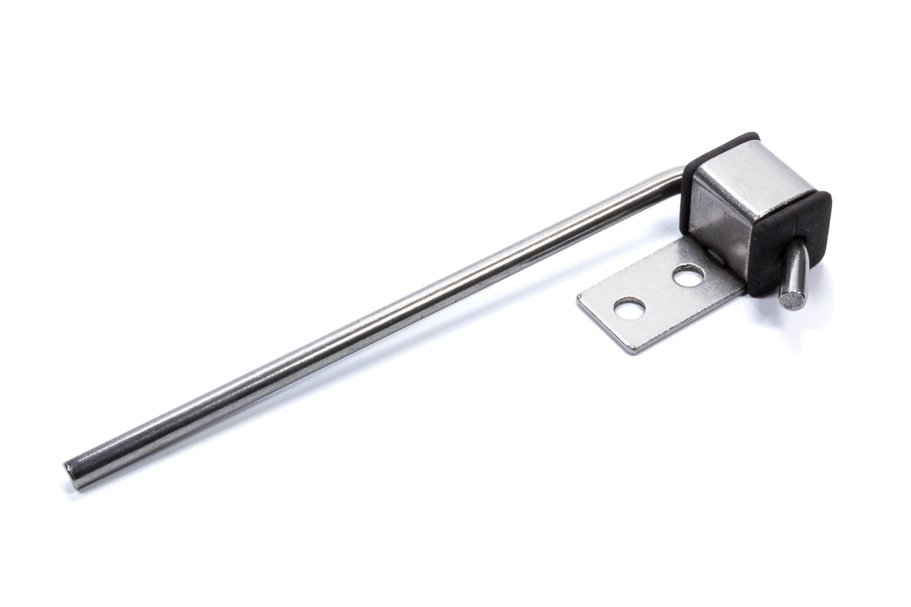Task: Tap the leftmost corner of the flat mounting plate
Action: [x=597, y=297]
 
